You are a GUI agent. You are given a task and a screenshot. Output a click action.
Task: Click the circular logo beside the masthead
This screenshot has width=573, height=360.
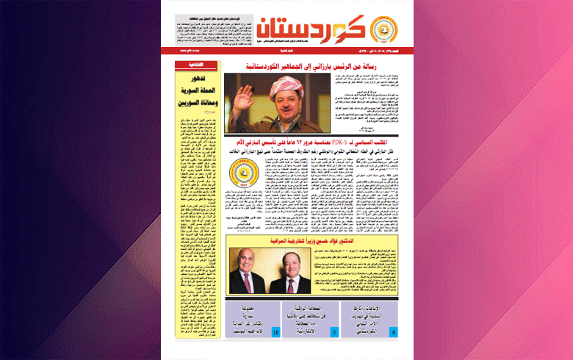pyautogui.click(x=381, y=30)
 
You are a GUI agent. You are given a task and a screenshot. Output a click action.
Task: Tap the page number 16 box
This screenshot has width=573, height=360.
pyautogui.click(x=275, y=334)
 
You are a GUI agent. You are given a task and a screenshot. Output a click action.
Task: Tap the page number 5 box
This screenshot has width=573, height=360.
pyautogui.click(x=334, y=334)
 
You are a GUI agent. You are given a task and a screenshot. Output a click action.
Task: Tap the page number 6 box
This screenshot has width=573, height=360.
pyautogui.click(x=393, y=334)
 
